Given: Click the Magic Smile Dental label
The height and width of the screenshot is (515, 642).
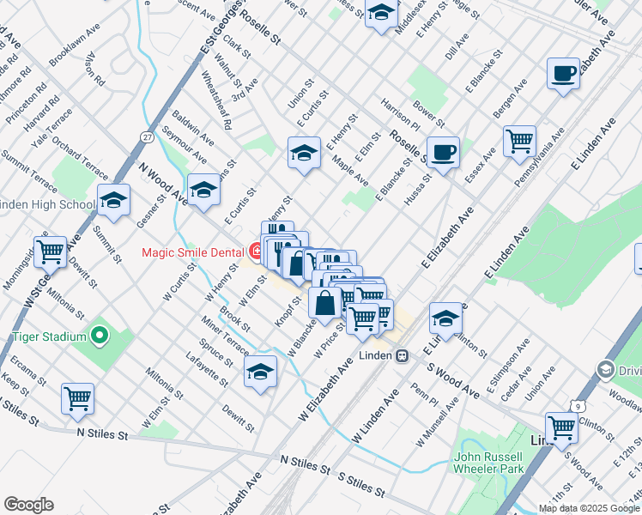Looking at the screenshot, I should tap(194, 251).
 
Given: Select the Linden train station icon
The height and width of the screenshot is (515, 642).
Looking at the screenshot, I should tap(401, 355).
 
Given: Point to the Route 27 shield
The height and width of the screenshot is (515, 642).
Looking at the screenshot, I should tap(148, 137).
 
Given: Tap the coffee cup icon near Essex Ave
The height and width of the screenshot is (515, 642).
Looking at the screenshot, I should tap(443, 154).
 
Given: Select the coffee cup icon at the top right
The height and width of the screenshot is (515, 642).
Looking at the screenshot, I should tap(563, 74).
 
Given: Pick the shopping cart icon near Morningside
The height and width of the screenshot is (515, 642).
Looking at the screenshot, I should tap(51, 251).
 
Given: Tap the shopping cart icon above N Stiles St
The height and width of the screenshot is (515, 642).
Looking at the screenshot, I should tap(77, 398).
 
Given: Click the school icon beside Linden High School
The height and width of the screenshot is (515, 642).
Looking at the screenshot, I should tap(114, 200).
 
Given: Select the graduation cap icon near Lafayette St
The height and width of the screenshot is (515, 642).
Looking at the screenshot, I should tap(261, 372).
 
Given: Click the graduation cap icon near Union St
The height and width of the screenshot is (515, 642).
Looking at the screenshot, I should tap(304, 153).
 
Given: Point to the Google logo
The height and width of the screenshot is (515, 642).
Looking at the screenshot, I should tap(28, 505).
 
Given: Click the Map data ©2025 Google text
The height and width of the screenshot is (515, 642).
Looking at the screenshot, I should tap(588, 508).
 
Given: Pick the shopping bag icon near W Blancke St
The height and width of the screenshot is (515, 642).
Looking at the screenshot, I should tap(326, 303).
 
